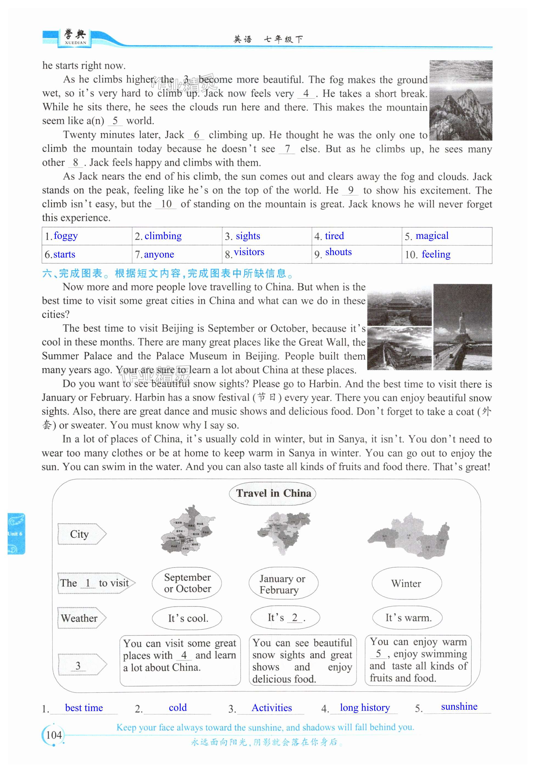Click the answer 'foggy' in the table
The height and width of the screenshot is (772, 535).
[x=66, y=236]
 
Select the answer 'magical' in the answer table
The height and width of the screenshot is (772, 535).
[x=432, y=236]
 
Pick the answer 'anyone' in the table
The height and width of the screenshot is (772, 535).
[x=159, y=254]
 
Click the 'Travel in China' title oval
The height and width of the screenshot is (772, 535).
[x=273, y=493]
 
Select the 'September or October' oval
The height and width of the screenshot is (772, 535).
[x=187, y=583]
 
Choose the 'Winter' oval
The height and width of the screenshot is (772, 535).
[x=406, y=583]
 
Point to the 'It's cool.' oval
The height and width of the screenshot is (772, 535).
[x=187, y=618]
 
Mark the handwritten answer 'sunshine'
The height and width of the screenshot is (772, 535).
[x=459, y=707]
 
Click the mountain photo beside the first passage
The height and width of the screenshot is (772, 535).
[x=461, y=100]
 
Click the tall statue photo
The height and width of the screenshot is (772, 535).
[x=462, y=327]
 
